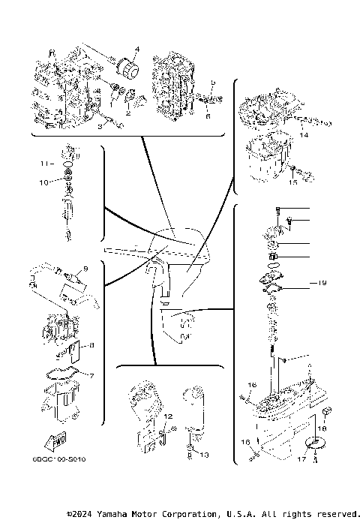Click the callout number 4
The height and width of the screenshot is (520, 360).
tap(137, 50)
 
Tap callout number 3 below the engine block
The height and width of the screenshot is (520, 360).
tap(100, 126)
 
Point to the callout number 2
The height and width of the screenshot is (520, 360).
tap(128, 114)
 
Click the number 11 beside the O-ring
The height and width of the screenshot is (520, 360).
tap(43, 162)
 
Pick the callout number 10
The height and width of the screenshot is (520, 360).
tap(43, 182)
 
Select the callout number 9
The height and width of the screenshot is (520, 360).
tap(85, 268)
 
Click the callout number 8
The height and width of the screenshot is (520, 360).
tap(91, 345)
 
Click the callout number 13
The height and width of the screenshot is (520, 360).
tap(205, 455)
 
